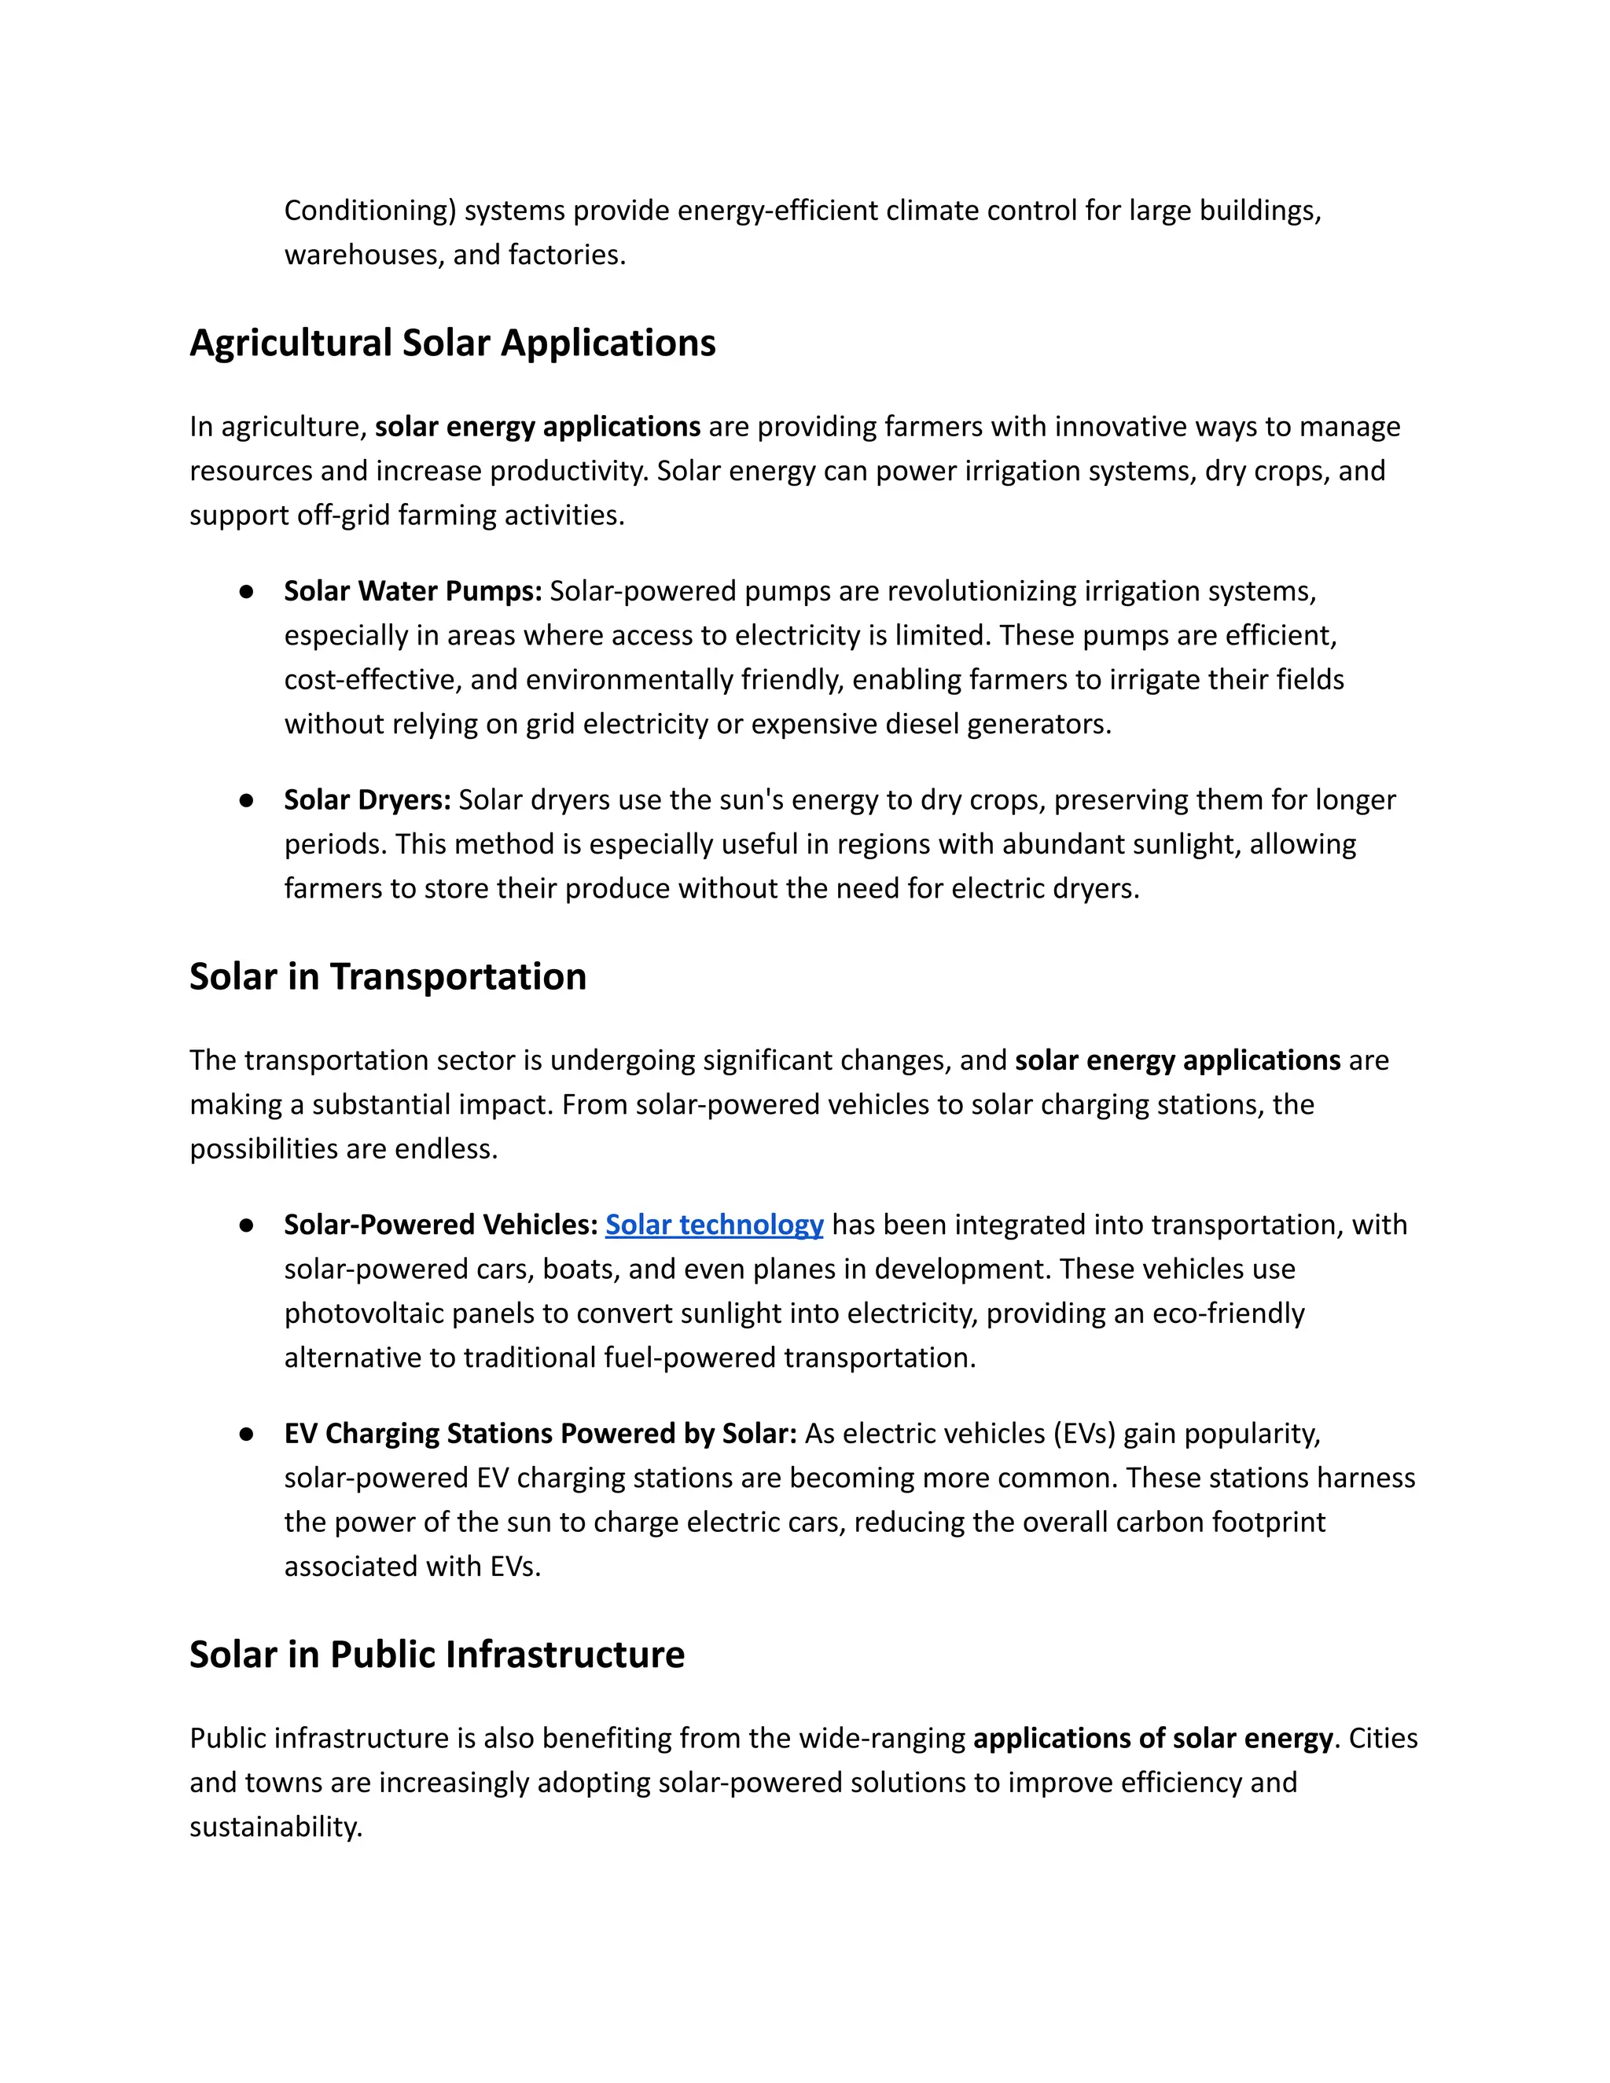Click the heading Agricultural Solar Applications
coord(452,343)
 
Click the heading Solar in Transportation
coord(388,976)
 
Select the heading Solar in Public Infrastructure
coord(437,1655)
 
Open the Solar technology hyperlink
coord(715,1225)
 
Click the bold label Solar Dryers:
coord(367,799)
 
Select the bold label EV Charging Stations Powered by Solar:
coord(540,1434)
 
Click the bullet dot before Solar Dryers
coord(246,800)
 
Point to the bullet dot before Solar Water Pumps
coord(246,593)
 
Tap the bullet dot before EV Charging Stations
coord(246,1435)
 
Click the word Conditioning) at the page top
coord(370,211)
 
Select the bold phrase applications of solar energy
coord(1152,1739)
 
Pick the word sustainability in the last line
coord(276,1828)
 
